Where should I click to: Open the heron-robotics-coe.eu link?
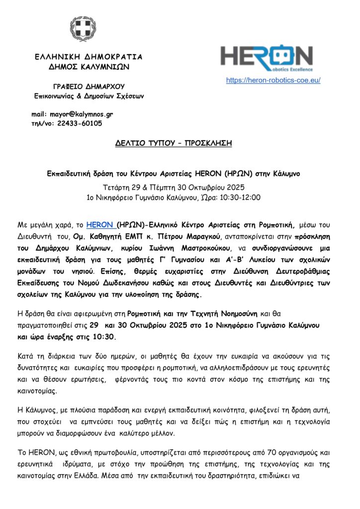tap(273, 80)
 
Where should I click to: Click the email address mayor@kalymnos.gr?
tap(82, 114)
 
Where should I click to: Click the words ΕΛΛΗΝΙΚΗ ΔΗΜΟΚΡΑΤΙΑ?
tap(88, 57)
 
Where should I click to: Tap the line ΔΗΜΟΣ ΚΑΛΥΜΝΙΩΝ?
tap(88, 66)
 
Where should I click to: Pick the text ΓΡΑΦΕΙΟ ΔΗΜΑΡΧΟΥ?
tap(89, 86)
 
